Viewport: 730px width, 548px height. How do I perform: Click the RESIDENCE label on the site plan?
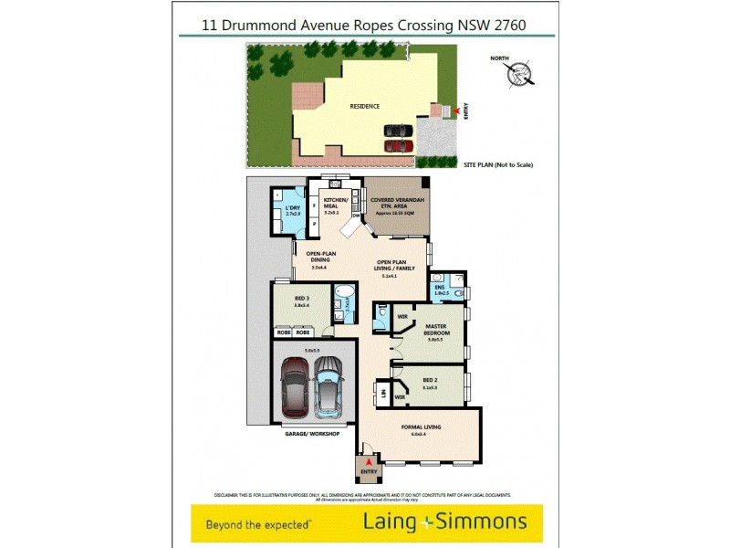(365, 106)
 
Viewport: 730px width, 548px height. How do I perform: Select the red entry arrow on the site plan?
(457, 111)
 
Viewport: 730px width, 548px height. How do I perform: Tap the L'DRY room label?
(292, 209)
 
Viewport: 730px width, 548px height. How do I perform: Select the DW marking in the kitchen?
(355, 216)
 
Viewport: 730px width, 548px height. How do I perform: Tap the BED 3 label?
(301, 297)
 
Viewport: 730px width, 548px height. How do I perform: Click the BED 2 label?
(431, 381)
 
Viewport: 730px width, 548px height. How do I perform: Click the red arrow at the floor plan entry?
(368, 463)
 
